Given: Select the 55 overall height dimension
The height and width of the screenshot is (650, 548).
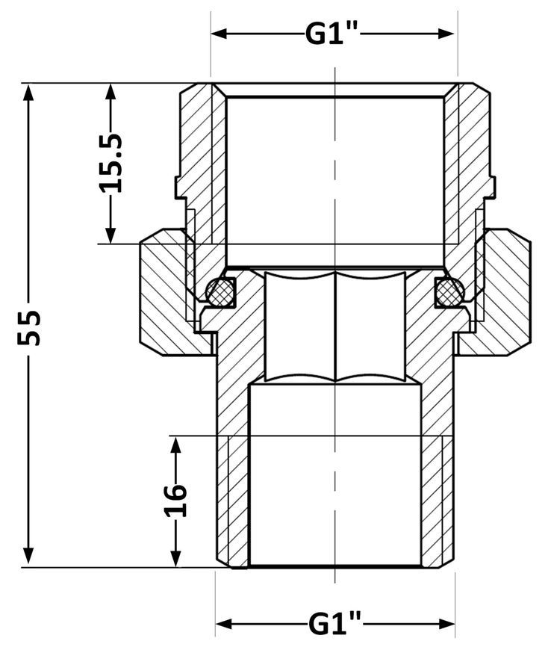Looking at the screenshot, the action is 29,326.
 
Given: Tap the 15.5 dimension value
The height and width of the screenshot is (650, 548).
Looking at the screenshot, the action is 112,163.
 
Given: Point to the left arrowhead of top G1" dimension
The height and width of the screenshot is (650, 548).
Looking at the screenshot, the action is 219,34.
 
